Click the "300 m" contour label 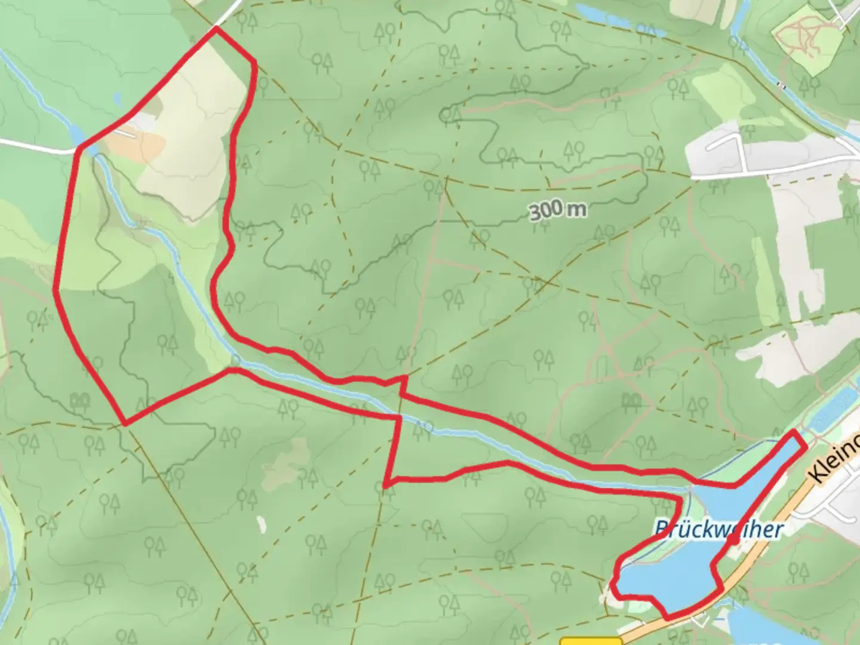point(557,210)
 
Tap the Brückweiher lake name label point(718,529)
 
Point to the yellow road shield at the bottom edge point(591,641)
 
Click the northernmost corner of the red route point(215,27)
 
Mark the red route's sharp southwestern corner point(125,423)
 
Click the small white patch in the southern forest point(261,524)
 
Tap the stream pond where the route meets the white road point(78,137)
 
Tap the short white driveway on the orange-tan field point(127,133)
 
